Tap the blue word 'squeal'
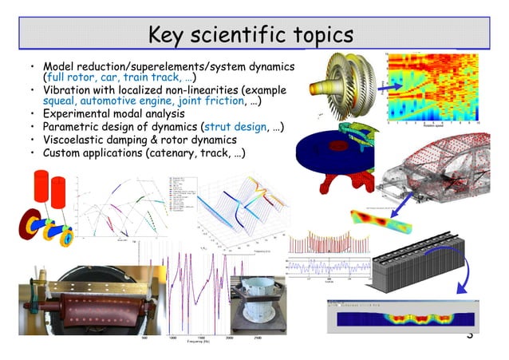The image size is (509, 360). [x=61, y=101]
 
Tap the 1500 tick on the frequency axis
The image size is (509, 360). [x=200, y=338]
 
